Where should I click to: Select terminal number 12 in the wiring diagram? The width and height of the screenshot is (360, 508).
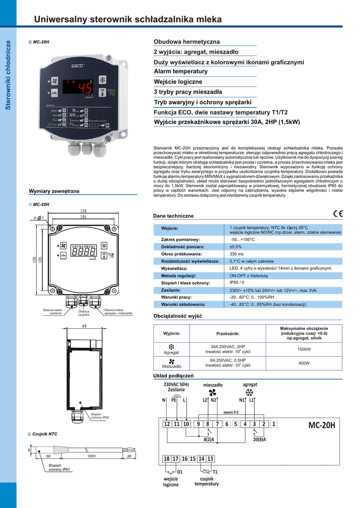(167, 424)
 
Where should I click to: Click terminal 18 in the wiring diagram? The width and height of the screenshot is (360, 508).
(167, 459)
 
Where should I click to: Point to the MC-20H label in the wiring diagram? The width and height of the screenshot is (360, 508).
(321, 425)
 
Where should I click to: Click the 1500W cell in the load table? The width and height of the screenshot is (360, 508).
(304, 349)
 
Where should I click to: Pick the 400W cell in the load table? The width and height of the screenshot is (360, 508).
(304, 363)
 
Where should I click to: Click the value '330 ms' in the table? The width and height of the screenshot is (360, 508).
(236, 254)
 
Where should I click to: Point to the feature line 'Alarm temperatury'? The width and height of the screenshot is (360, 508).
(181, 71)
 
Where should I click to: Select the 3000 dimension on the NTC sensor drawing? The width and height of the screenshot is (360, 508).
(91, 456)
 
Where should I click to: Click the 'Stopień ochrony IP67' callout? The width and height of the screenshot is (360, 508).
(59, 467)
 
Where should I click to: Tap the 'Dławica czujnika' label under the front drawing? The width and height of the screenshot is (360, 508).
(83, 313)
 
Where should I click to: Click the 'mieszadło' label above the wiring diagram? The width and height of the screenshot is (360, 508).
(213, 384)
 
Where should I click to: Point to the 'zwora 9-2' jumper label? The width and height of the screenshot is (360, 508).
(231, 412)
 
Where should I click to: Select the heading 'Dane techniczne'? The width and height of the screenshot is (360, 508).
(173, 216)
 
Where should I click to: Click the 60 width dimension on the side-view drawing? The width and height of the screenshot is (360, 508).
(84, 326)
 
